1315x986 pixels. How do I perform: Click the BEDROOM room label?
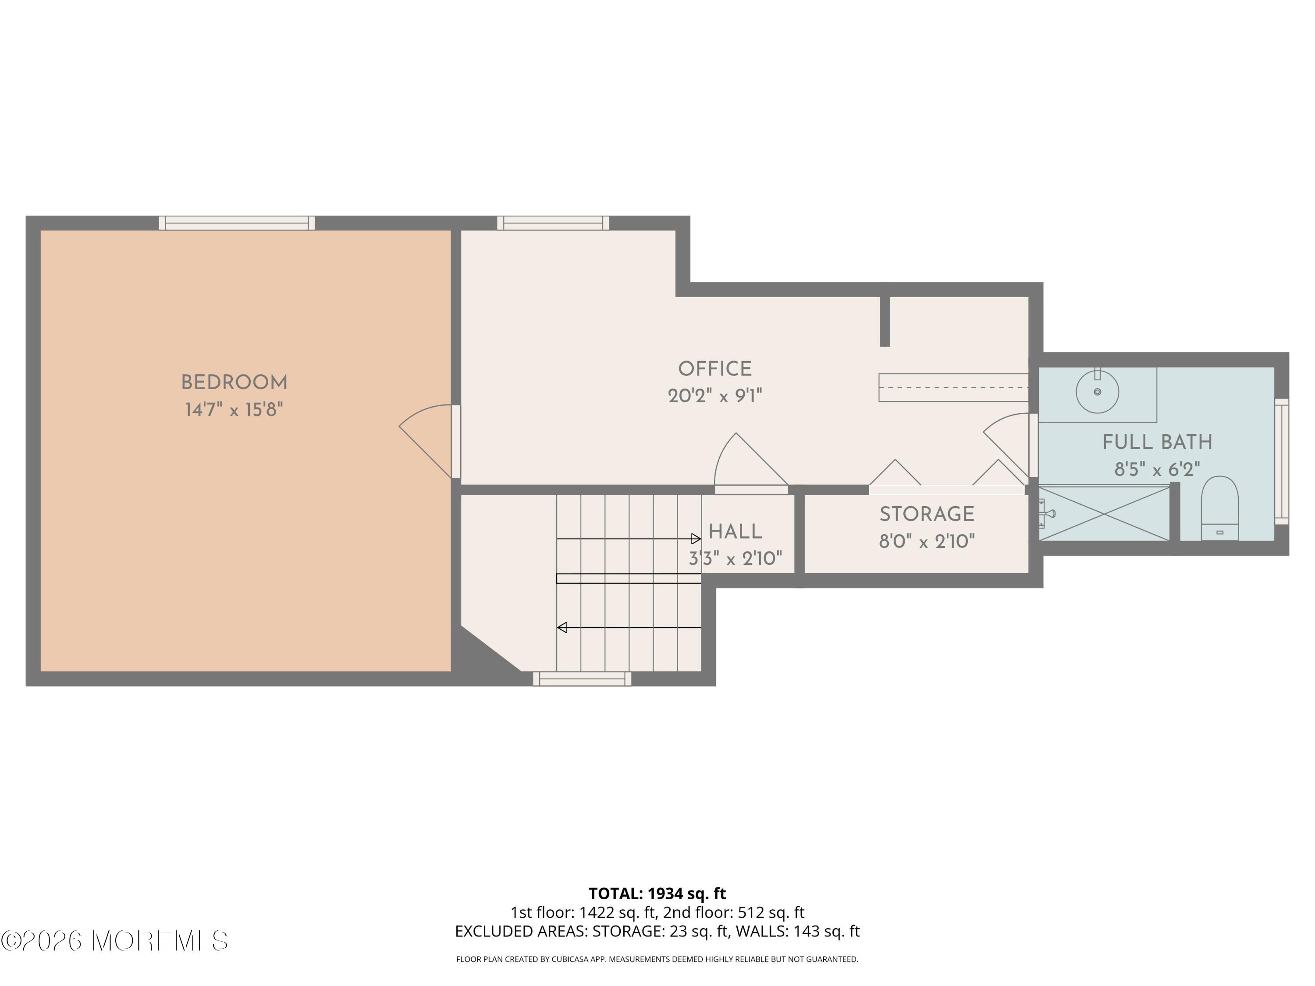pos(234,383)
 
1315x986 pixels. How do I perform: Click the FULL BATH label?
pos(1157,442)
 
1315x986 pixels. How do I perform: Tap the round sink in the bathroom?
pos(1098,392)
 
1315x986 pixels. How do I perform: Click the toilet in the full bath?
pos(1219,509)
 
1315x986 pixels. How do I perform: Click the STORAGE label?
pos(927,514)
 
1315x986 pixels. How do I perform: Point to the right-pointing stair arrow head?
pos(696,539)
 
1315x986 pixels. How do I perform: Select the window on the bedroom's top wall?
pos(237,223)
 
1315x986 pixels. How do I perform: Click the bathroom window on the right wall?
pos(1282,461)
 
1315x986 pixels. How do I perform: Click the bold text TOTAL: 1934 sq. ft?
pos(657,893)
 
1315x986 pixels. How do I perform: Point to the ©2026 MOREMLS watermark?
pos(114,940)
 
